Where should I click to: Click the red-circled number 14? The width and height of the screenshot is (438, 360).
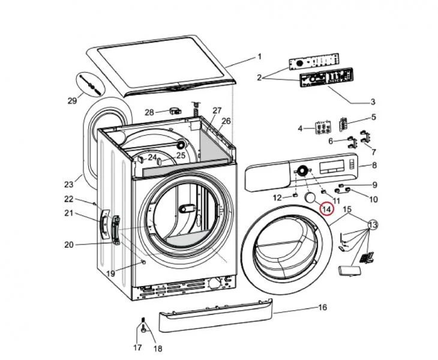[326, 209]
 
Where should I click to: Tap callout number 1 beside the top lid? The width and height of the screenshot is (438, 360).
[260, 57]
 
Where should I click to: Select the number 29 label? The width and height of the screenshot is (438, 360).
[72, 100]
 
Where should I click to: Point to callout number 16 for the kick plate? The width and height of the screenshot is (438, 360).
[322, 308]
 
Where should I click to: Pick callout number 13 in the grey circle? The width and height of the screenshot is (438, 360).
[373, 224]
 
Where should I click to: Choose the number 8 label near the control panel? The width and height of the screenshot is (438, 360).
[374, 165]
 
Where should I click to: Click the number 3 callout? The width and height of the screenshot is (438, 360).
[373, 101]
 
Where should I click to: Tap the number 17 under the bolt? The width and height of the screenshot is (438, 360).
[137, 347]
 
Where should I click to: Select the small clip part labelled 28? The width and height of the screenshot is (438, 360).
[176, 110]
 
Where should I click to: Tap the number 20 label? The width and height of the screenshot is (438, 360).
[68, 244]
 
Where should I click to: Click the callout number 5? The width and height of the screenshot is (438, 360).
[373, 117]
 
